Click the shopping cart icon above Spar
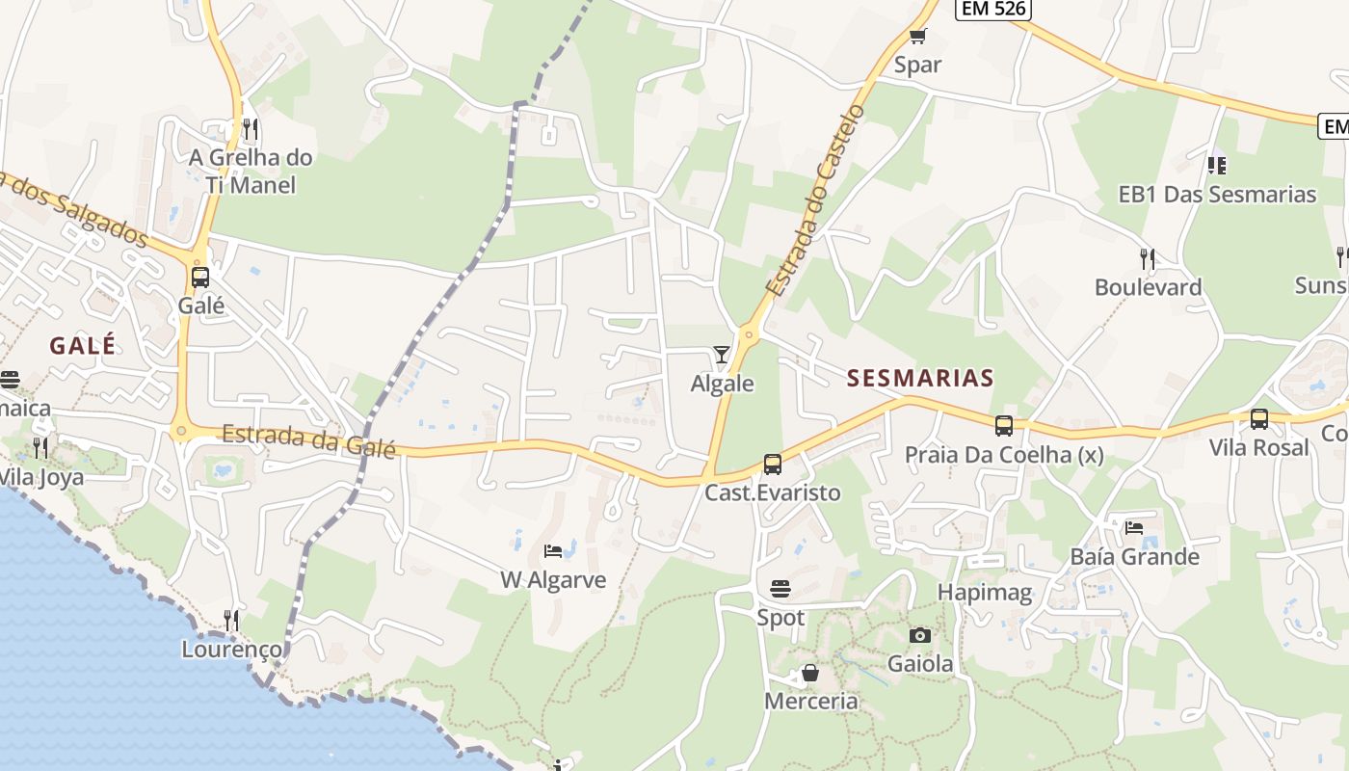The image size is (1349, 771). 917,37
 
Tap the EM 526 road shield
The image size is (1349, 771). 993,9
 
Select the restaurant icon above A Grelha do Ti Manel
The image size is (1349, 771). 251,128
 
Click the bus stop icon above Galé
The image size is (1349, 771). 200,278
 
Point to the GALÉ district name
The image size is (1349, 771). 83,345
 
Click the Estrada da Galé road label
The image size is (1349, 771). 308,440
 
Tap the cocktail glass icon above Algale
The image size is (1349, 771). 722,355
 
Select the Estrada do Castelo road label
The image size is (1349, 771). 815,200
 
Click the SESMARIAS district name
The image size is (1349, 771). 920,378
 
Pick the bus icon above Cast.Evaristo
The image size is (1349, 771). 773,465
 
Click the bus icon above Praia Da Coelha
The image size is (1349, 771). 1004,425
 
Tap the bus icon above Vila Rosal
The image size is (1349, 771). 1259,419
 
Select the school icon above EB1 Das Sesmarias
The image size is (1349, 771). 1217,166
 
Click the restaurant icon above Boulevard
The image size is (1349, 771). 1147,258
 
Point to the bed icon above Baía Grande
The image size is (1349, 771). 1134,527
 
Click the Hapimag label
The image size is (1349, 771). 985,592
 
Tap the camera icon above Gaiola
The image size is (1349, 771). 920,635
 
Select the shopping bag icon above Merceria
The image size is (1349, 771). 810,673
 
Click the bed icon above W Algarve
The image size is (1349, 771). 553,551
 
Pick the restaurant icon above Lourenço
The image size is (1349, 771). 231,620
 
